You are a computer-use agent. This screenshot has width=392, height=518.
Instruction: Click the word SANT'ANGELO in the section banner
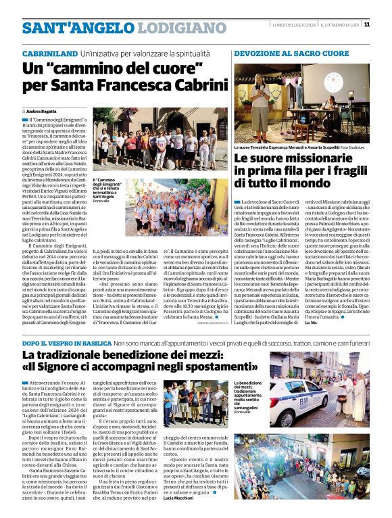tap(65, 28)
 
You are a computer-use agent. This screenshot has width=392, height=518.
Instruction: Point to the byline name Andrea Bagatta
tap(41, 110)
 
